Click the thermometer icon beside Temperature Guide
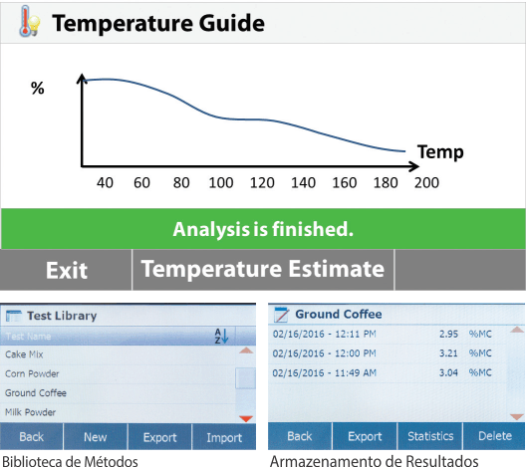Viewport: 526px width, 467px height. [x=29, y=22]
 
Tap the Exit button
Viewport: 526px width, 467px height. [x=66, y=270]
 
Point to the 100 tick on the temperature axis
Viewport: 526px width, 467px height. [x=221, y=182]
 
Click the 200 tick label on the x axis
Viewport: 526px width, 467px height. [x=426, y=182]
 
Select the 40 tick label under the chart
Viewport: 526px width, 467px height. [x=105, y=182]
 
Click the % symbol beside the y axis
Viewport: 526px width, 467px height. [x=37, y=88]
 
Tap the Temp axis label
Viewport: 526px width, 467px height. [x=440, y=152]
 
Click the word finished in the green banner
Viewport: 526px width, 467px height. [x=313, y=229]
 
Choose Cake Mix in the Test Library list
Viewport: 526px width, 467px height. [x=24, y=354]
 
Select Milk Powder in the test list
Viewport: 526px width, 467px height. [x=30, y=412]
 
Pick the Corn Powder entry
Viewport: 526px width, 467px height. [x=32, y=373]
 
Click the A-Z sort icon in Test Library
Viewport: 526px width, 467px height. [x=221, y=336]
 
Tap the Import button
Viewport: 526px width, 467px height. [x=224, y=437]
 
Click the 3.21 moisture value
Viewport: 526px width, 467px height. [x=448, y=353]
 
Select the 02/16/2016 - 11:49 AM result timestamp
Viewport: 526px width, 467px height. [x=324, y=372]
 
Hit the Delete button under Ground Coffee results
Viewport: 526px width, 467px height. [x=494, y=436]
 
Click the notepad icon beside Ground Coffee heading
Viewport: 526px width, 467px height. [x=281, y=315]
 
